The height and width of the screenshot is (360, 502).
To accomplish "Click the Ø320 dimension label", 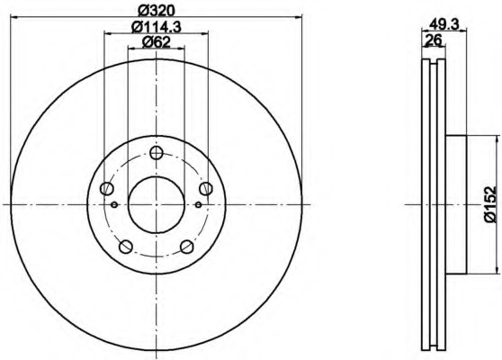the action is [x=157, y=11].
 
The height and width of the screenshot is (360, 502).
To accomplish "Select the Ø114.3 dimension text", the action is [x=157, y=27].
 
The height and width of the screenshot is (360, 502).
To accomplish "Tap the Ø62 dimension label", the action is [x=157, y=42].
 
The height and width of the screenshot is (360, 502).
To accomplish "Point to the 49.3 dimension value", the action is [x=444, y=23].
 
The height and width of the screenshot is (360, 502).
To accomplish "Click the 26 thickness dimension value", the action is [x=433, y=40].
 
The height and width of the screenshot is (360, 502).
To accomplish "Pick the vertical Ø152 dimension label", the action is [x=490, y=204].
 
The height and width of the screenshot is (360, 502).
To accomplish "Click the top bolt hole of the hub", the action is [x=157, y=153].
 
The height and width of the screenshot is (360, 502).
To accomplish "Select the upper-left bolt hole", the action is [x=107, y=188].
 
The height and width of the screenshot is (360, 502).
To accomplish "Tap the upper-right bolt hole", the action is [x=206, y=188].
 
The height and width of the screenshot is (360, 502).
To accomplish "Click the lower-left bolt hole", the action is [x=126, y=247].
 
